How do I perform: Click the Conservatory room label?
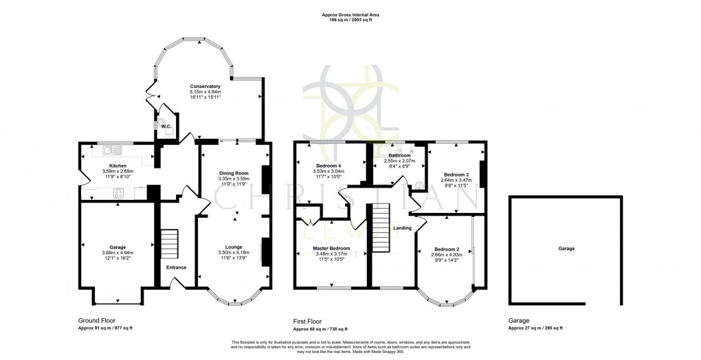point(205,87)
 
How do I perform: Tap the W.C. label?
point(165,126)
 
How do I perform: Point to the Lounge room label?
point(234,247)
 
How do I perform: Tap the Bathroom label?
point(399,155)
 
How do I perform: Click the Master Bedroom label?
point(331,248)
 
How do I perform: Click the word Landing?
point(402,228)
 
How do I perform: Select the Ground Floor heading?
point(96,320)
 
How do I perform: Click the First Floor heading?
point(309,320)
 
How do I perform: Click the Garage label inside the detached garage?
point(566,248)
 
